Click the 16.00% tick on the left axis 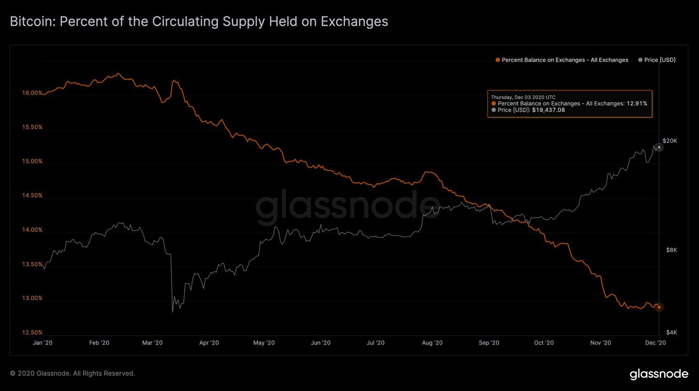point(32,93)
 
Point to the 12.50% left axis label point(32,333)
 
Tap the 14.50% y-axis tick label point(32,195)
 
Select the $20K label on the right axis point(669,141)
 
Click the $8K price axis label point(671,250)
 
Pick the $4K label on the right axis point(671,332)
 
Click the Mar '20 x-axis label point(152,342)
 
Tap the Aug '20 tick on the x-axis point(432,342)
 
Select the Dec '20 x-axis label point(655,342)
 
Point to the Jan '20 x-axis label point(43,342)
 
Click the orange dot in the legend point(498,60)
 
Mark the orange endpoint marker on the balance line point(659,307)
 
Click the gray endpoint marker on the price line point(659,147)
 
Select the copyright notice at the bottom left point(72,374)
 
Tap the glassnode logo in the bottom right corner point(659,374)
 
